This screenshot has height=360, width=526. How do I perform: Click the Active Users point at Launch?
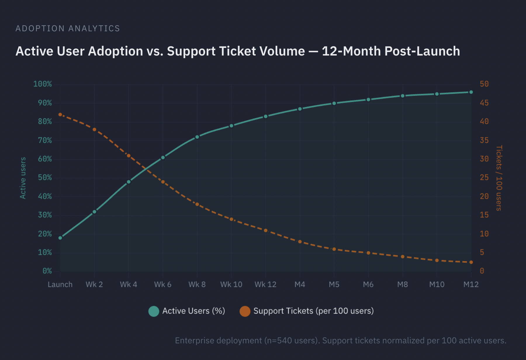[60, 238]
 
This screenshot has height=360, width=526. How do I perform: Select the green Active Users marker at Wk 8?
[197, 137]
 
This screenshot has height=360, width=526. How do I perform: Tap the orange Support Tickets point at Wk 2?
[94, 129]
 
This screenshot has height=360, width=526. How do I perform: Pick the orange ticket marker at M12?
[471, 262]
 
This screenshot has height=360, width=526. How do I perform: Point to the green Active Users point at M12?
[471, 92]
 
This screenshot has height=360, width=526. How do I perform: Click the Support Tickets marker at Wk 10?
[231, 219]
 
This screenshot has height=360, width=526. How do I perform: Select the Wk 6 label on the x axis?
[163, 284]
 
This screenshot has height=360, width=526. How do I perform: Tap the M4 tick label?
[300, 284]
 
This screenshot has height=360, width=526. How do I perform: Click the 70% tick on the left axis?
[45, 141]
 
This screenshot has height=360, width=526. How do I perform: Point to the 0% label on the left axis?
[47, 271]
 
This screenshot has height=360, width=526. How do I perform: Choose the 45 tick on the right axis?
[484, 103]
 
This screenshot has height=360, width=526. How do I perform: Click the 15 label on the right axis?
[484, 215]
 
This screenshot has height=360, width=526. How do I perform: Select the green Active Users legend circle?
[154, 311]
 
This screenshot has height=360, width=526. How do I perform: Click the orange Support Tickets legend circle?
[245, 311]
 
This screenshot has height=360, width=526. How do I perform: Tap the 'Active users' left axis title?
[23, 178]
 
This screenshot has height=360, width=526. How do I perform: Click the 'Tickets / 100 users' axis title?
[499, 178]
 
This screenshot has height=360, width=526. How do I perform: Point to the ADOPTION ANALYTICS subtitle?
[68, 28]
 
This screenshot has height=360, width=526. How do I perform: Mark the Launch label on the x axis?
[60, 284]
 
